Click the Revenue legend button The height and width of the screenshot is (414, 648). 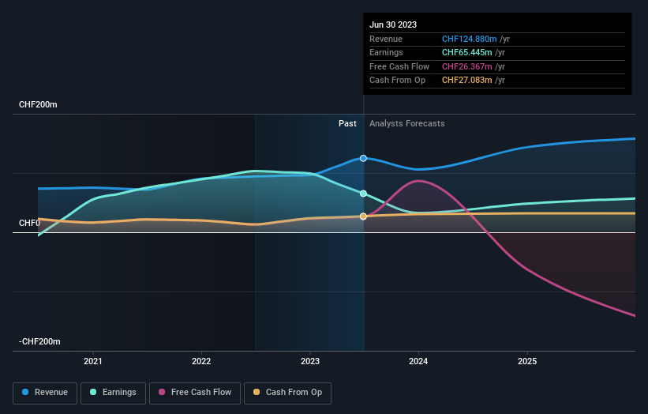[x=45, y=393]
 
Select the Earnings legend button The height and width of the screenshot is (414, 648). [x=113, y=393]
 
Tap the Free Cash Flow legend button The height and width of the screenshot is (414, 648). [x=193, y=393]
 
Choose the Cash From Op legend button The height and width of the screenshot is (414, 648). [x=287, y=393]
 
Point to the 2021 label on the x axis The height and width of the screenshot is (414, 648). [x=93, y=362]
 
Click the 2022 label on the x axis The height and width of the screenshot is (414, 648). [x=201, y=362]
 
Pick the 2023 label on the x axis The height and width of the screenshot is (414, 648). [x=310, y=362]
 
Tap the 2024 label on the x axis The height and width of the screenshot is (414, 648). [x=418, y=362]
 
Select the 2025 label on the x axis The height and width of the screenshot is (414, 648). [x=527, y=362]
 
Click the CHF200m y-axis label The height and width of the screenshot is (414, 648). [x=39, y=105]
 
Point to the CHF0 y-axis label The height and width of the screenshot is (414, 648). [x=29, y=224]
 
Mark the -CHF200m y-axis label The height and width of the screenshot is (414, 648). [x=39, y=341]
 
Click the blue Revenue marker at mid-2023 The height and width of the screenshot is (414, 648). [x=364, y=158]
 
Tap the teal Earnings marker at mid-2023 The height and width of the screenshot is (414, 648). [x=364, y=194]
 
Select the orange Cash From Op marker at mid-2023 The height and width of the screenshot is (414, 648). [x=364, y=216]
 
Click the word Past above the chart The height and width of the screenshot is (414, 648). [x=347, y=124]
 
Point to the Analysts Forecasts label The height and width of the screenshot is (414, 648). [x=406, y=124]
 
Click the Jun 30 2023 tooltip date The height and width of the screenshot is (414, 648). [x=393, y=24]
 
